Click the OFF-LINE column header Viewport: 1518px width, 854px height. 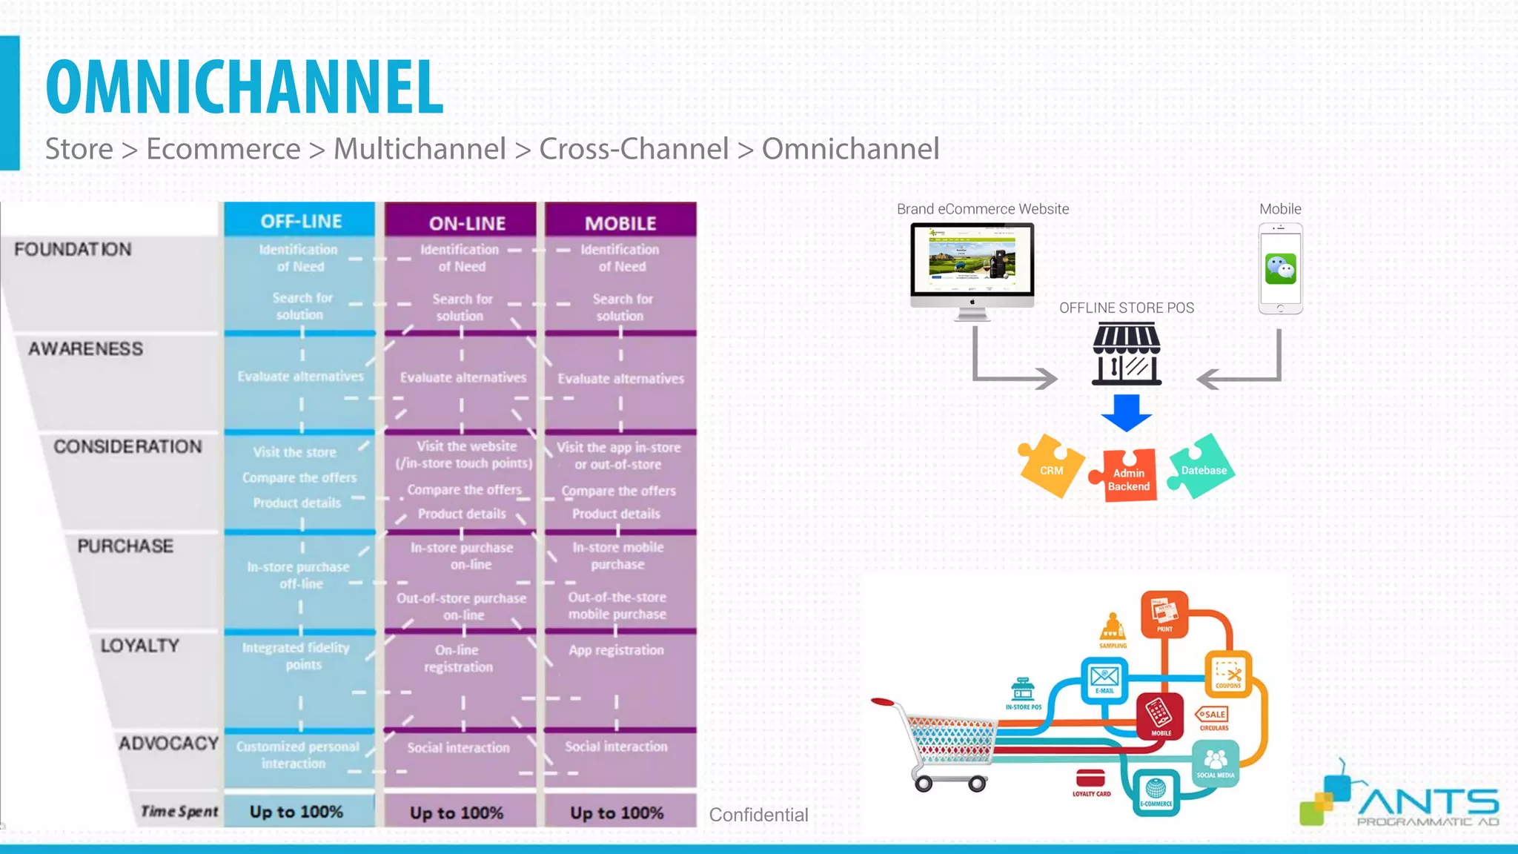click(x=300, y=221)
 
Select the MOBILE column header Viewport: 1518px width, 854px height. click(x=620, y=222)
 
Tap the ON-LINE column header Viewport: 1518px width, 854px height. click(x=467, y=222)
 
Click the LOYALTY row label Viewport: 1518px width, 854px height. click(x=140, y=646)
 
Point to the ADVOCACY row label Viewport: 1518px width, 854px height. click(x=168, y=744)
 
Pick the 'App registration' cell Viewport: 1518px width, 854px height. click(x=616, y=650)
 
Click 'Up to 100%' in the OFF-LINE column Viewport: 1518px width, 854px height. click(x=296, y=812)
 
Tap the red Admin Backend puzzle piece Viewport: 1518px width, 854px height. click(x=1127, y=477)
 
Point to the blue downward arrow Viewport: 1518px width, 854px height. click(x=1126, y=413)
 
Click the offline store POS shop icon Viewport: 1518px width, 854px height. click(x=1126, y=354)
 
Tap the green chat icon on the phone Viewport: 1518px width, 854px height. click(x=1280, y=268)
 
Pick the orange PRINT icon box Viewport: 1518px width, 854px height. click(x=1164, y=614)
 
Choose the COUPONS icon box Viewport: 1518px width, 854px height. click(x=1227, y=673)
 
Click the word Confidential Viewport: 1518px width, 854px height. click(x=758, y=815)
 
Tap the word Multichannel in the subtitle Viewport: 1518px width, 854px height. click(x=420, y=149)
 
